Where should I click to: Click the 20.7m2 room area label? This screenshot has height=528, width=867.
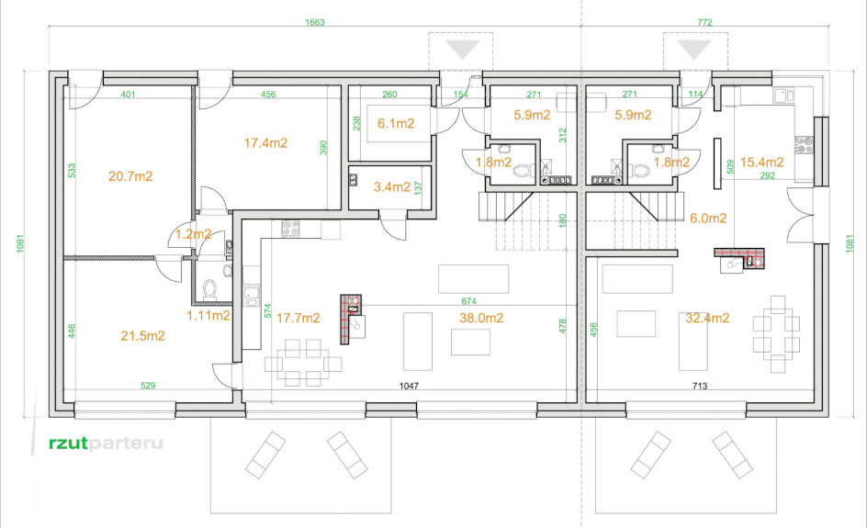pyautogui.click(x=130, y=176)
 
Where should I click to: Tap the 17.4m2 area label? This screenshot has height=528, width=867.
pyautogui.click(x=266, y=143)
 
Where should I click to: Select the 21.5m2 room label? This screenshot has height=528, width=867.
pyautogui.click(x=142, y=335)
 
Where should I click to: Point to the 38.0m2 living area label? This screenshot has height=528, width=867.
pyautogui.click(x=481, y=318)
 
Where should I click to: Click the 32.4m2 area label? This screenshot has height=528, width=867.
pyautogui.click(x=707, y=318)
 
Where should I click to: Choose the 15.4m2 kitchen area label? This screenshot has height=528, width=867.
pyautogui.click(x=762, y=162)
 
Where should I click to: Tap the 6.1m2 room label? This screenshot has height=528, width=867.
pyautogui.click(x=396, y=123)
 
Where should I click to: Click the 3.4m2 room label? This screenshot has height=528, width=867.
pyautogui.click(x=392, y=187)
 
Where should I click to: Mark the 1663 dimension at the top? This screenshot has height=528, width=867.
pyautogui.click(x=315, y=23)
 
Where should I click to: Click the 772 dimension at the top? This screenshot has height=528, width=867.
pyautogui.click(x=704, y=23)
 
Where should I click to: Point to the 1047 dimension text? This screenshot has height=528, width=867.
pyautogui.click(x=409, y=386)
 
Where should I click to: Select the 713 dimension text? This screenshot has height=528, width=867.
pyautogui.click(x=700, y=386)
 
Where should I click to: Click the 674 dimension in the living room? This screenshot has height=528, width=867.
pyautogui.click(x=469, y=301)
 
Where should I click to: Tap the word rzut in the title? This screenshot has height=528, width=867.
pyautogui.click(x=69, y=443)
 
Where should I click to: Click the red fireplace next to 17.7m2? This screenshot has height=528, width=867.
pyautogui.click(x=351, y=320)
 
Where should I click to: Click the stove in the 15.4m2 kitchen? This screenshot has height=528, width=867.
pyautogui.click(x=804, y=145)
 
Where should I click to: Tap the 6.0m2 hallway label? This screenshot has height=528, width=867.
pyautogui.click(x=708, y=219)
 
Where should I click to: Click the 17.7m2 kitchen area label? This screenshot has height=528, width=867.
pyautogui.click(x=298, y=318)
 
